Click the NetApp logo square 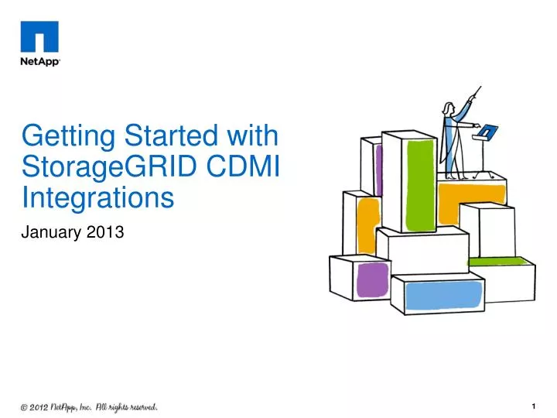point(39,36)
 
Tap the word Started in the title point(164,136)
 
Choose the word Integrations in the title point(97,197)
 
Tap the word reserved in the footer point(138,406)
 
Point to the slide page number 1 point(534,406)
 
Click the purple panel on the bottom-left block point(373,279)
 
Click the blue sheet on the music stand point(487,132)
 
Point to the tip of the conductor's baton point(480,87)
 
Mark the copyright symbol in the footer point(26,406)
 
